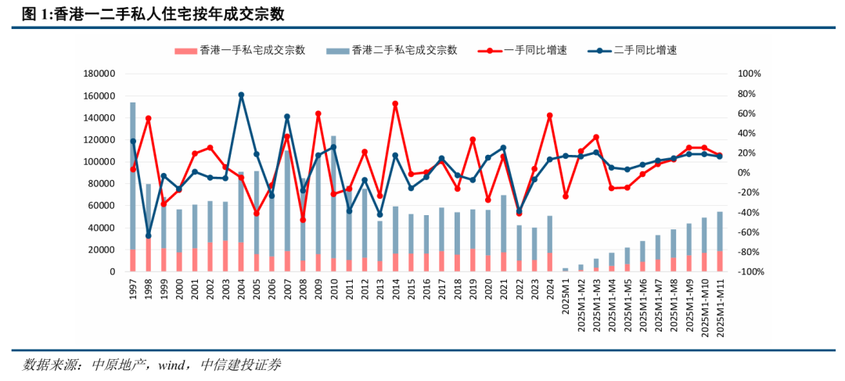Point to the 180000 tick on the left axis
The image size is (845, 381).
coord(99,74)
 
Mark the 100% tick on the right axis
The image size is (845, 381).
coord(750,74)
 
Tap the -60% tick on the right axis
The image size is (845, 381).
coord(750,232)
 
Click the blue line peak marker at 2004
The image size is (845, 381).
coord(241,95)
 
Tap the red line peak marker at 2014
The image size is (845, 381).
coord(395,103)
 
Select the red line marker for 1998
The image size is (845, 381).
coord(149,118)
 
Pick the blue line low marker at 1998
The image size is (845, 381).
coord(149,235)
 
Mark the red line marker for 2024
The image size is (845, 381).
coord(550,115)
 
